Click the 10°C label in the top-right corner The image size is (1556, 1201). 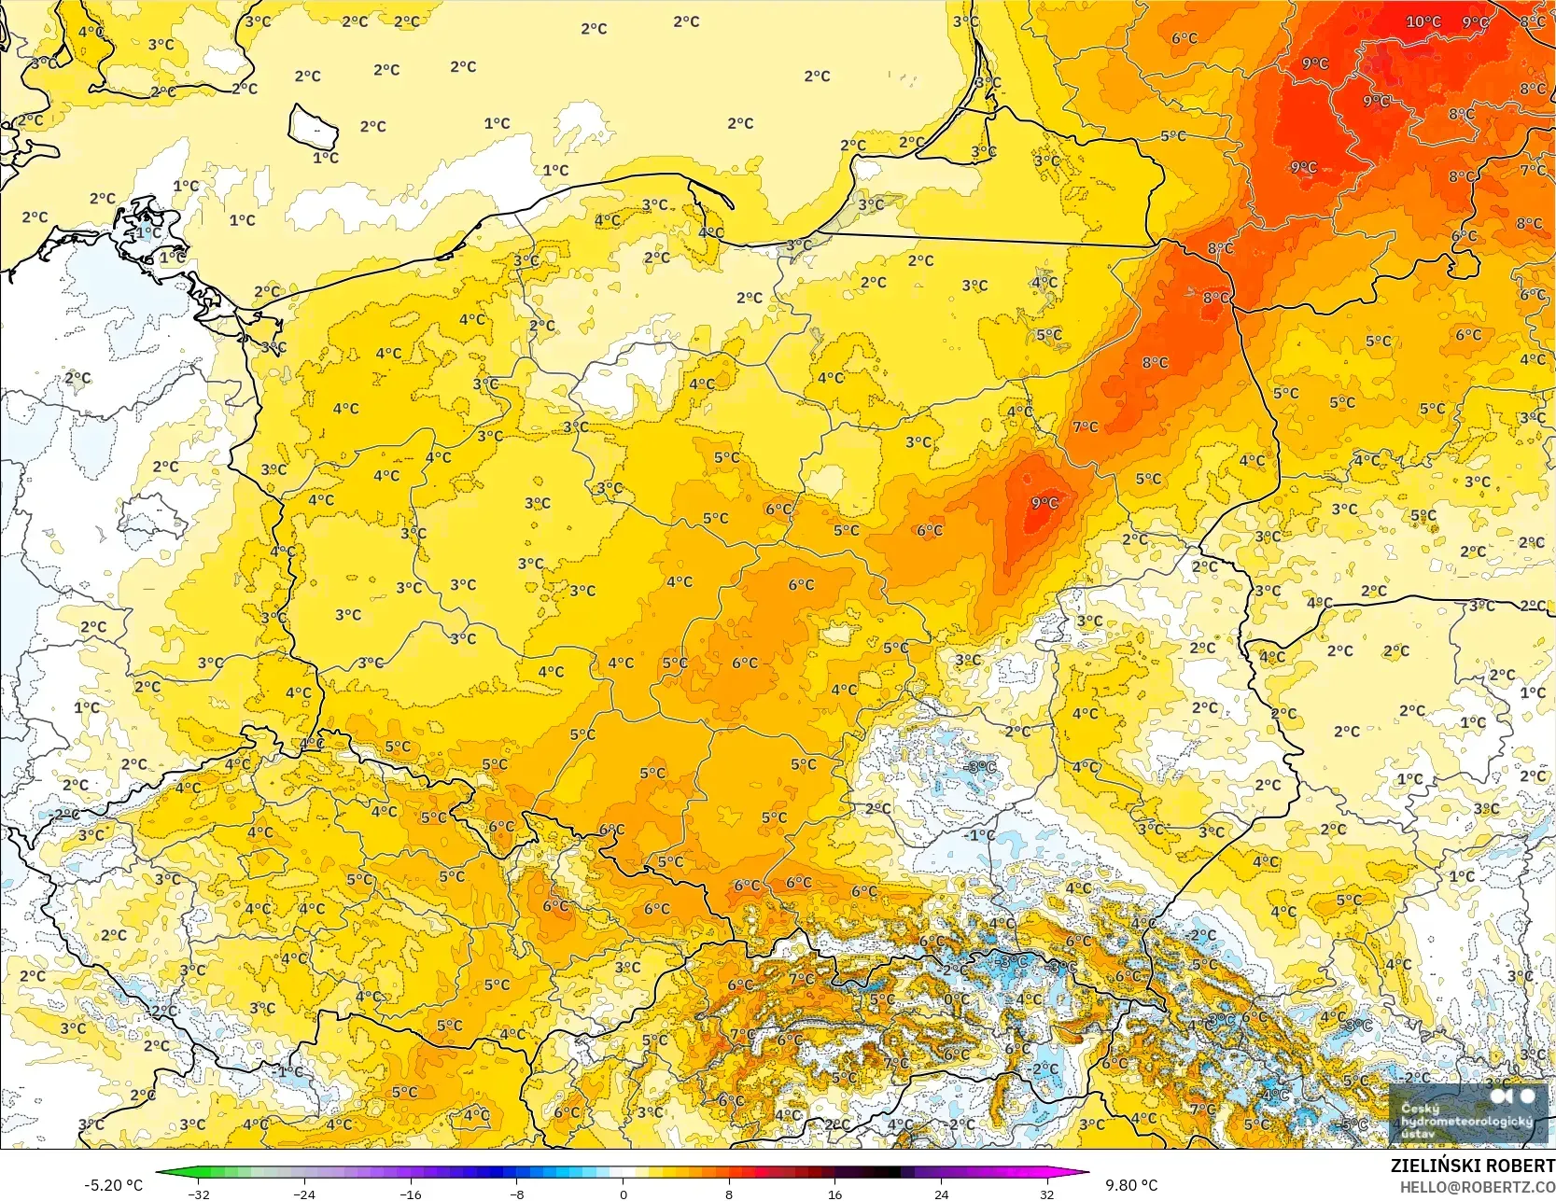(x=1423, y=21)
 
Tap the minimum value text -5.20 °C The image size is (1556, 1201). (x=114, y=1185)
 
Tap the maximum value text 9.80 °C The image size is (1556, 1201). (x=1131, y=1185)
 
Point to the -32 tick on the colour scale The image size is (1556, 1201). (x=198, y=1194)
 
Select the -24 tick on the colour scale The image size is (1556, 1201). (x=304, y=1194)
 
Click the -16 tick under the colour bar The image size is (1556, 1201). (x=411, y=1194)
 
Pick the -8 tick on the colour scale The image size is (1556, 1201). (x=517, y=1194)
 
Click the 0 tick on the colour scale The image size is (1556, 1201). (x=624, y=1194)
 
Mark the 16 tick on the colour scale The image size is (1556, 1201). (x=835, y=1194)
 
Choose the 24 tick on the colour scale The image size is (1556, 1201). (x=941, y=1194)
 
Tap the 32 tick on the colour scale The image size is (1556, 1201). (x=1047, y=1194)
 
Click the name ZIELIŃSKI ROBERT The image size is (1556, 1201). (x=1472, y=1166)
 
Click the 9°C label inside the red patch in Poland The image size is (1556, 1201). (x=1044, y=503)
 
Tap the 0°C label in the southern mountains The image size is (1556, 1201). (x=956, y=999)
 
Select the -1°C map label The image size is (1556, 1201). (x=980, y=834)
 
